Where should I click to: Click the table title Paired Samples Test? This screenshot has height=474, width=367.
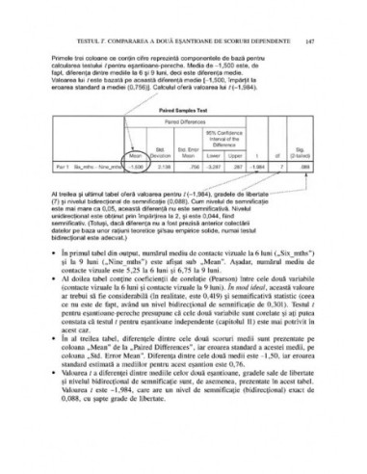(186, 109)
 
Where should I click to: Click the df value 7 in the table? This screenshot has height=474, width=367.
(275, 165)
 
